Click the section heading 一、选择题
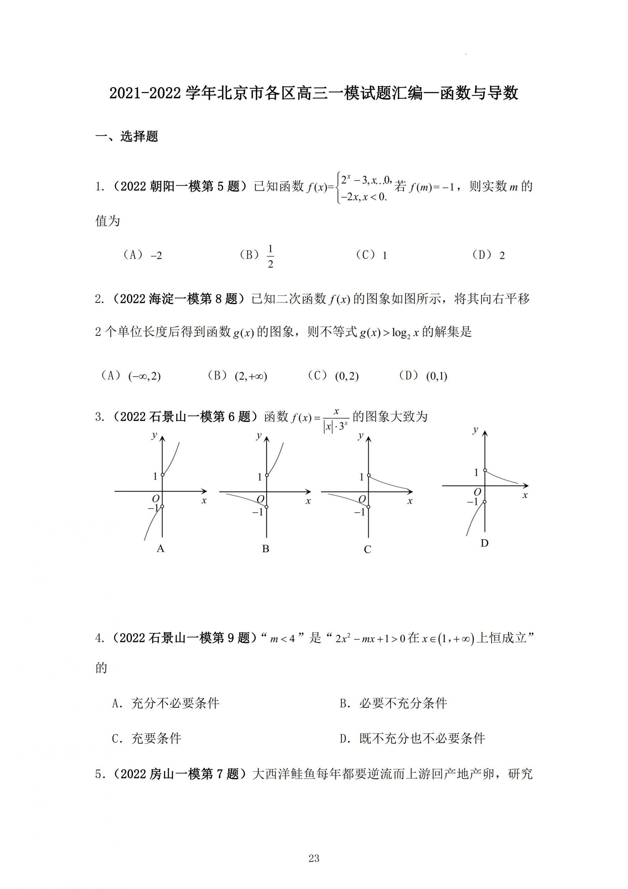coord(127,136)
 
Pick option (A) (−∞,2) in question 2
coord(131,376)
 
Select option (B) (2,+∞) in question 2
coord(237,376)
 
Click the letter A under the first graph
coord(161,549)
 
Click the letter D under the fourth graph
coord(484,543)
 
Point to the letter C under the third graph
coord(367,549)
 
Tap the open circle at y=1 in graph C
coord(368,475)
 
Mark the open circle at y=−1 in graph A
coord(162,506)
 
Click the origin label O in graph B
coord(261,499)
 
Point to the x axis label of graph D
coord(525,495)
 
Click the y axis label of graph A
coord(154,435)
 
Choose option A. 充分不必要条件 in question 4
coord(166,703)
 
